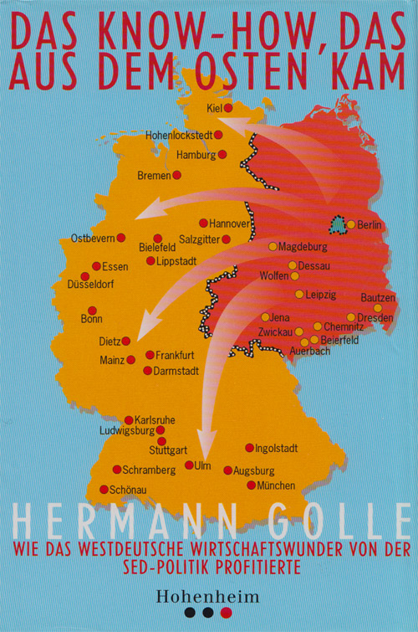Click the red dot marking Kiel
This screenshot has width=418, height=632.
(x=227, y=108)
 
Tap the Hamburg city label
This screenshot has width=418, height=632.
(x=196, y=155)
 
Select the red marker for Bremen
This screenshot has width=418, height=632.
(x=176, y=175)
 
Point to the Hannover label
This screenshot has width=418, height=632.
(x=231, y=224)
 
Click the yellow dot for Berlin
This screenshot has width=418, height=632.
(x=351, y=224)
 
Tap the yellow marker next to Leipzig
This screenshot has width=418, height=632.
(x=299, y=295)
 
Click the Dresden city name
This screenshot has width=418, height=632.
(x=375, y=318)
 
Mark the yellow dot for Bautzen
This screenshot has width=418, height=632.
(x=377, y=308)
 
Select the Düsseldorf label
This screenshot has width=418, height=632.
(x=90, y=285)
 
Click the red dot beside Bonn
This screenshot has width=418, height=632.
(x=92, y=310)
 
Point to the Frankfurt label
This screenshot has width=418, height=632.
(x=175, y=355)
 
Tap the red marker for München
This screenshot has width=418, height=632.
(x=251, y=485)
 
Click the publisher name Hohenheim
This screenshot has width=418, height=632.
(x=209, y=596)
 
